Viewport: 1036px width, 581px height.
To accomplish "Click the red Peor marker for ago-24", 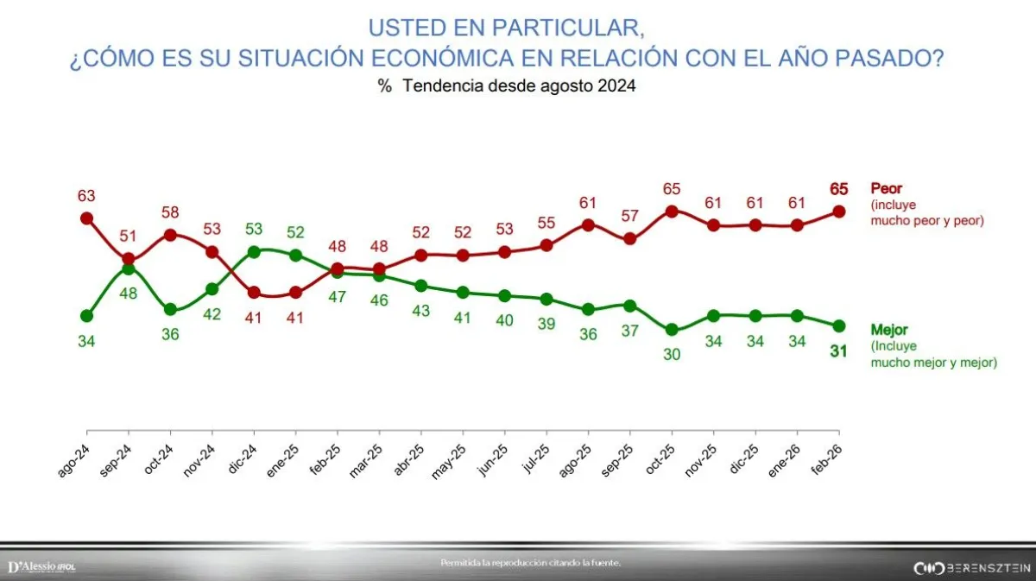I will pos(86,218).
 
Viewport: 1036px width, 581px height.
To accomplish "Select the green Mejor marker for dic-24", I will pos(254,252).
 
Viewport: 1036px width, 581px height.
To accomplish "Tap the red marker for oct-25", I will pos(672,211).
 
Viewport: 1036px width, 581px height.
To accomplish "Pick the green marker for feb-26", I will pos(837,325).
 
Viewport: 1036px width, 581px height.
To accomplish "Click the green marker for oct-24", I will pos(170,309).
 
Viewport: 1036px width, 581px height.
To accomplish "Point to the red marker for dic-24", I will pos(254,292).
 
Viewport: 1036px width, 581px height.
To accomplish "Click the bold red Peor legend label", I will pos(887,188).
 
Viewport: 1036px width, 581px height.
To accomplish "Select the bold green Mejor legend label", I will pos(889,330).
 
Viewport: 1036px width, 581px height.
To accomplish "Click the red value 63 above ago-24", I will pos(86,195).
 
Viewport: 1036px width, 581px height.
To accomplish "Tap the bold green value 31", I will pos(837,350).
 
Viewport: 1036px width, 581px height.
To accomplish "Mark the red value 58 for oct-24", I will pos(170,212).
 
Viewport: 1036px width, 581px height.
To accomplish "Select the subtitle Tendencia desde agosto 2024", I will pos(518,86).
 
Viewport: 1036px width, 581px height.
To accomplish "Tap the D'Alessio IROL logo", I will pos(41,566).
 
